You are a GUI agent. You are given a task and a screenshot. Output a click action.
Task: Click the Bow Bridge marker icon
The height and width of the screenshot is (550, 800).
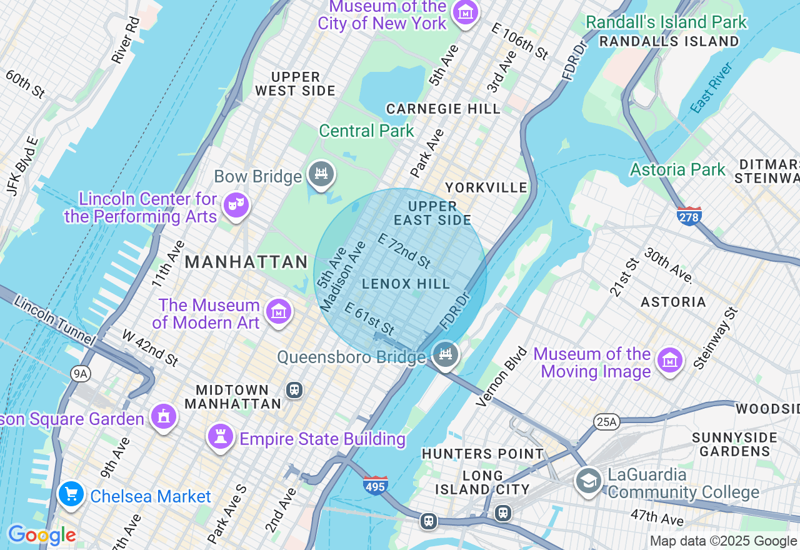click(321, 174)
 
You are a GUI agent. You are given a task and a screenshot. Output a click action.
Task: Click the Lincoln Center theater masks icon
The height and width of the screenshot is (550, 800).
click(236, 204)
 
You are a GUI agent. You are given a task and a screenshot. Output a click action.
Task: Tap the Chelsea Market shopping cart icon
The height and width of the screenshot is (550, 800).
click(71, 494)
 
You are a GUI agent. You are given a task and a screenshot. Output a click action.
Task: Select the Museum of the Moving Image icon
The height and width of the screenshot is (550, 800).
click(669, 359)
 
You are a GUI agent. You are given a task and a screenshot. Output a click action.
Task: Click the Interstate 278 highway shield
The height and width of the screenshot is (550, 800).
click(689, 216)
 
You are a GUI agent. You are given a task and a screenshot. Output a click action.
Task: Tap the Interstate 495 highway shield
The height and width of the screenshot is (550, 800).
click(375, 485)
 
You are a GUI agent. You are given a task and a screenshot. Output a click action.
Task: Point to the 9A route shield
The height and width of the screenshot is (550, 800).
click(81, 374)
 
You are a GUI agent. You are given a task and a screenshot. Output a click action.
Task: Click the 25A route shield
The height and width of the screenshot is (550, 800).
click(606, 421)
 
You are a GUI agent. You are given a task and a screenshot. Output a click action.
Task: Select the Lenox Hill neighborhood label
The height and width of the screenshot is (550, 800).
click(406, 284)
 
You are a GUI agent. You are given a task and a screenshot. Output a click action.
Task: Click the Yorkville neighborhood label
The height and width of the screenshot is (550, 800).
click(486, 187)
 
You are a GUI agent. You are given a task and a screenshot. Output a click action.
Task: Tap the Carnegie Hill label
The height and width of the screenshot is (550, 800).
click(443, 109)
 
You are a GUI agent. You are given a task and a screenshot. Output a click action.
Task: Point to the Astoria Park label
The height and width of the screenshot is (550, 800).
click(677, 169)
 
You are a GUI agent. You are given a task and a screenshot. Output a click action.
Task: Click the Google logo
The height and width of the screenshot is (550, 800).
click(42, 535)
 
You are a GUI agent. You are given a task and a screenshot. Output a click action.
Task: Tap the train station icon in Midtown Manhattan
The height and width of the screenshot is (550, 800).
click(294, 390)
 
